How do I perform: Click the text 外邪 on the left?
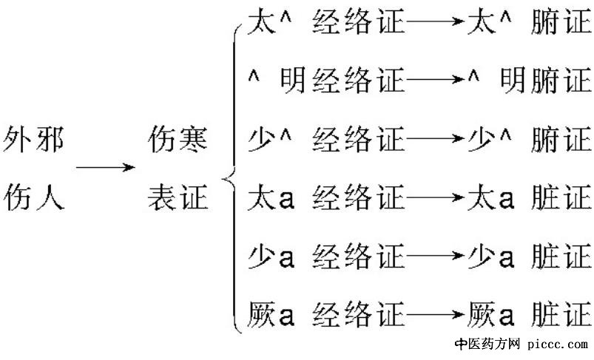pyautogui.click(x=34, y=139)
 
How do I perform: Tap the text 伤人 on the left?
pyautogui.click(x=34, y=197)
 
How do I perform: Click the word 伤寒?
pyautogui.click(x=178, y=139)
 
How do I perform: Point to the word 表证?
pyautogui.click(x=178, y=197)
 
